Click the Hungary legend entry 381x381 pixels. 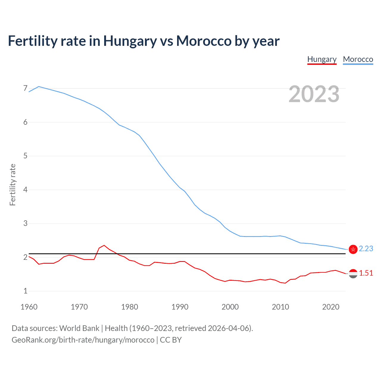pos(322,59)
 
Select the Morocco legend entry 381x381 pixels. pos(358,59)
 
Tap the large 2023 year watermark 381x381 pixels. pos(314,94)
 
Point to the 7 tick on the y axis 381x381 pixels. pos(25,88)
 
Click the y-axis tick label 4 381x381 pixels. pos(25,190)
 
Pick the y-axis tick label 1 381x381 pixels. pos(25,291)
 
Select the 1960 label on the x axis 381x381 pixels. pos(29,307)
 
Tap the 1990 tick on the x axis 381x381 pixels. pos(180,307)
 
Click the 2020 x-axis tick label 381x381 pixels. pos(331,307)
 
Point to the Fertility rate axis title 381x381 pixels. pos(13,185)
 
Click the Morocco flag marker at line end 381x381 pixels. pos(353,249)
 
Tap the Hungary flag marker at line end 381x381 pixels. pos(353,274)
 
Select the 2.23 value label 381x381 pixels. pos(366,249)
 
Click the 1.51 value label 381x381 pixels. pos(366,273)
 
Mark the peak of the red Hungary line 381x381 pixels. pos(104,245)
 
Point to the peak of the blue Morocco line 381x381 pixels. pos(39,87)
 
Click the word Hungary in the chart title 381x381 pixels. pos(130,41)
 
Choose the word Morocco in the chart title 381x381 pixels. pos(204,41)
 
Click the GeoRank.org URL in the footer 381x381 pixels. pos(83,340)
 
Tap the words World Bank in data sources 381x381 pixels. pos(79,328)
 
